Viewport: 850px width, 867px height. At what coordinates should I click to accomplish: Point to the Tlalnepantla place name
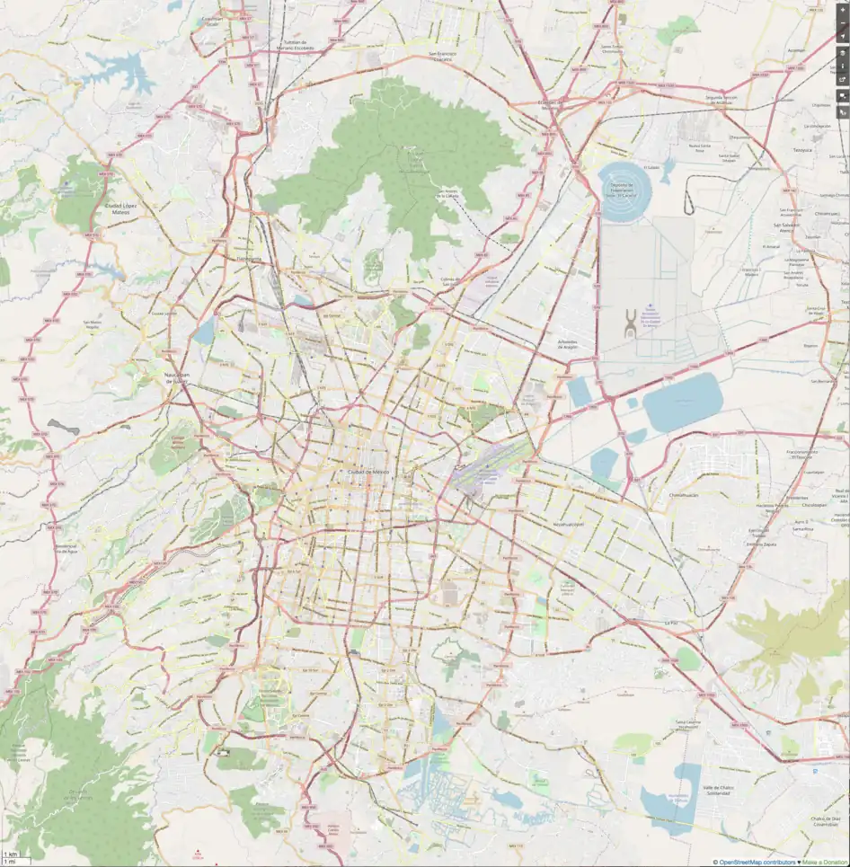point(248,259)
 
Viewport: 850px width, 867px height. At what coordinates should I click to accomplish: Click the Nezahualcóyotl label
point(567,524)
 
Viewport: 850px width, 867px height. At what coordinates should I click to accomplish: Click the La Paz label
point(668,622)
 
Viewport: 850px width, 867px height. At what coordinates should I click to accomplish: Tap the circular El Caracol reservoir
point(627,190)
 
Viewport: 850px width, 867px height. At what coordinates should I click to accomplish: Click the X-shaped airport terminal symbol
point(631,322)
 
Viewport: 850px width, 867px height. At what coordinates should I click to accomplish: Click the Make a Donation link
point(825,862)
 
